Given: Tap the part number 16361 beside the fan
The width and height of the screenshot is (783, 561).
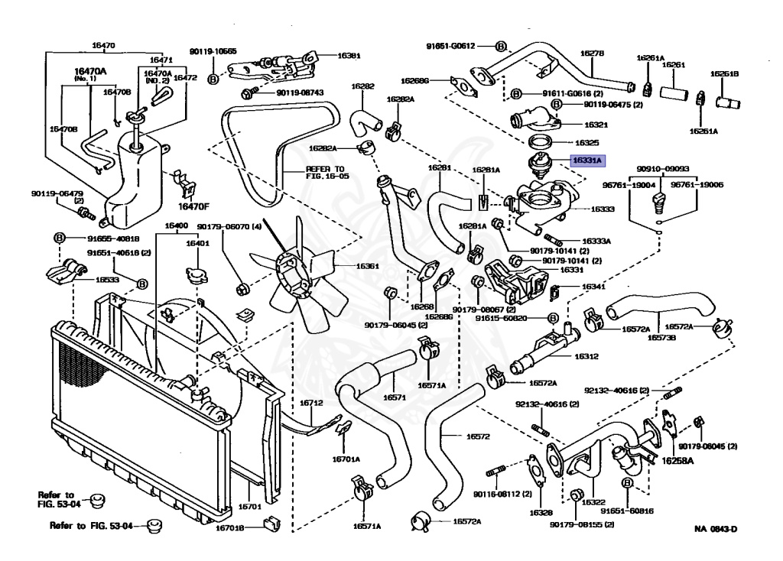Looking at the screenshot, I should pyautogui.click(x=346, y=267).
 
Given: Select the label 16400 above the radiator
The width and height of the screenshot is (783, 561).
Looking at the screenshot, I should pyautogui.click(x=176, y=226).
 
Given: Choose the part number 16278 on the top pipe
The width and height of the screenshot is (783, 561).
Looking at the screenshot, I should pyautogui.click(x=592, y=54).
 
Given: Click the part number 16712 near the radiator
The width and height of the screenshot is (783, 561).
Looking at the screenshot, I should pyautogui.click(x=311, y=402).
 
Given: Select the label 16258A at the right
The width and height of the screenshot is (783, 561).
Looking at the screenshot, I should pyautogui.click(x=677, y=461).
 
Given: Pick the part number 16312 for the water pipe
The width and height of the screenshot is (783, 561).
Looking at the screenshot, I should pyautogui.click(x=586, y=356).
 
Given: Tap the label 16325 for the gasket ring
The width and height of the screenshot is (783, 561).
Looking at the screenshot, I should pyautogui.click(x=586, y=142).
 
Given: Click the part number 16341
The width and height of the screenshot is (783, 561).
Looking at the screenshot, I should pyautogui.click(x=593, y=287).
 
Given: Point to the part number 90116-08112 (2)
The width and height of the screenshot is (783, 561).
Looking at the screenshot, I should pyautogui.click(x=502, y=493).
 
